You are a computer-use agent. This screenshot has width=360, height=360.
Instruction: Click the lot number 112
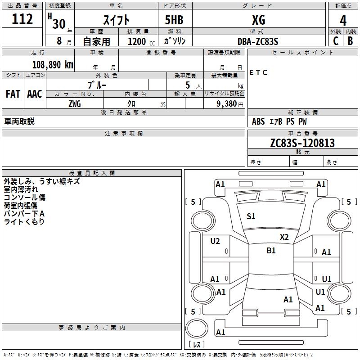(x=23, y=19)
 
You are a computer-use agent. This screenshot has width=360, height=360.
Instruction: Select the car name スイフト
(x=117, y=20)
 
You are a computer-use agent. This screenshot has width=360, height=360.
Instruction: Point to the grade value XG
(x=258, y=20)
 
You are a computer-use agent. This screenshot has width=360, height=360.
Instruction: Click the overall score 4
(x=343, y=21)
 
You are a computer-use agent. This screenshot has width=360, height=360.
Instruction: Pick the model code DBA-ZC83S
(x=258, y=41)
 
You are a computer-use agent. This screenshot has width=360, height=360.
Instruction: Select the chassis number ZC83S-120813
(x=302, y=143)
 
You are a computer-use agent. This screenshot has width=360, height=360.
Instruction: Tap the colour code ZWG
(x=75, y=104)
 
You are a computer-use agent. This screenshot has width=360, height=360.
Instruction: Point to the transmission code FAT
(x=13, y=94)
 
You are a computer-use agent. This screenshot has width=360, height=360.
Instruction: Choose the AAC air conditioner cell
(x=35, y=94)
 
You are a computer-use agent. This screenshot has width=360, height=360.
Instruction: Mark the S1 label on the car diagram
(x=251, y=216)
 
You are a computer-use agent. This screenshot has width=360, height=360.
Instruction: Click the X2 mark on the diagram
(x=284, y=237)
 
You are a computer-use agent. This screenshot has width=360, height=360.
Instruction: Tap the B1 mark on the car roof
(x=271, y=251)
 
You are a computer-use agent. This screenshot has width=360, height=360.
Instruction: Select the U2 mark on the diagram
(x=215, y=241)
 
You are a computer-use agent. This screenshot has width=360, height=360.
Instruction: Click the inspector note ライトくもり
(x=24, y=221)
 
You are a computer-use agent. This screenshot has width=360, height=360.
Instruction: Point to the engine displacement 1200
(x=137, y=41)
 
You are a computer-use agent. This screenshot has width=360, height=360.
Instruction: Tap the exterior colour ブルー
(x=98, y=84)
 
